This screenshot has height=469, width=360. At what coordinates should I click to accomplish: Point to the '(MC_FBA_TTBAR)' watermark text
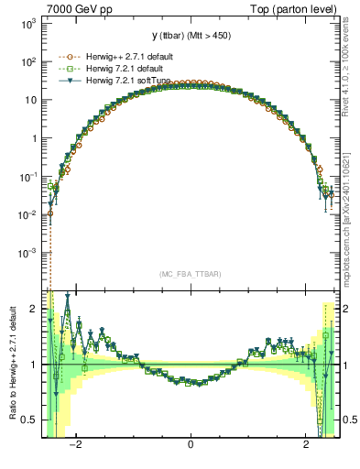(190, 274)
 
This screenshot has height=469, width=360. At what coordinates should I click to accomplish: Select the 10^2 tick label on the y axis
(27, 62)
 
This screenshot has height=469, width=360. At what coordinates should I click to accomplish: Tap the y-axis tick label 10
(30, 100)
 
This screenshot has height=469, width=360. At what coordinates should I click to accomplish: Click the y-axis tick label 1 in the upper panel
(35, 138)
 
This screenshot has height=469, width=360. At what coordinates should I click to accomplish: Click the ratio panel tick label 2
(35, 309)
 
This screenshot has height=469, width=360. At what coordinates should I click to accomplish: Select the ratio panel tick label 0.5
(30, 420)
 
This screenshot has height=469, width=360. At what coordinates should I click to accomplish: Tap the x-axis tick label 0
(191, 446)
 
